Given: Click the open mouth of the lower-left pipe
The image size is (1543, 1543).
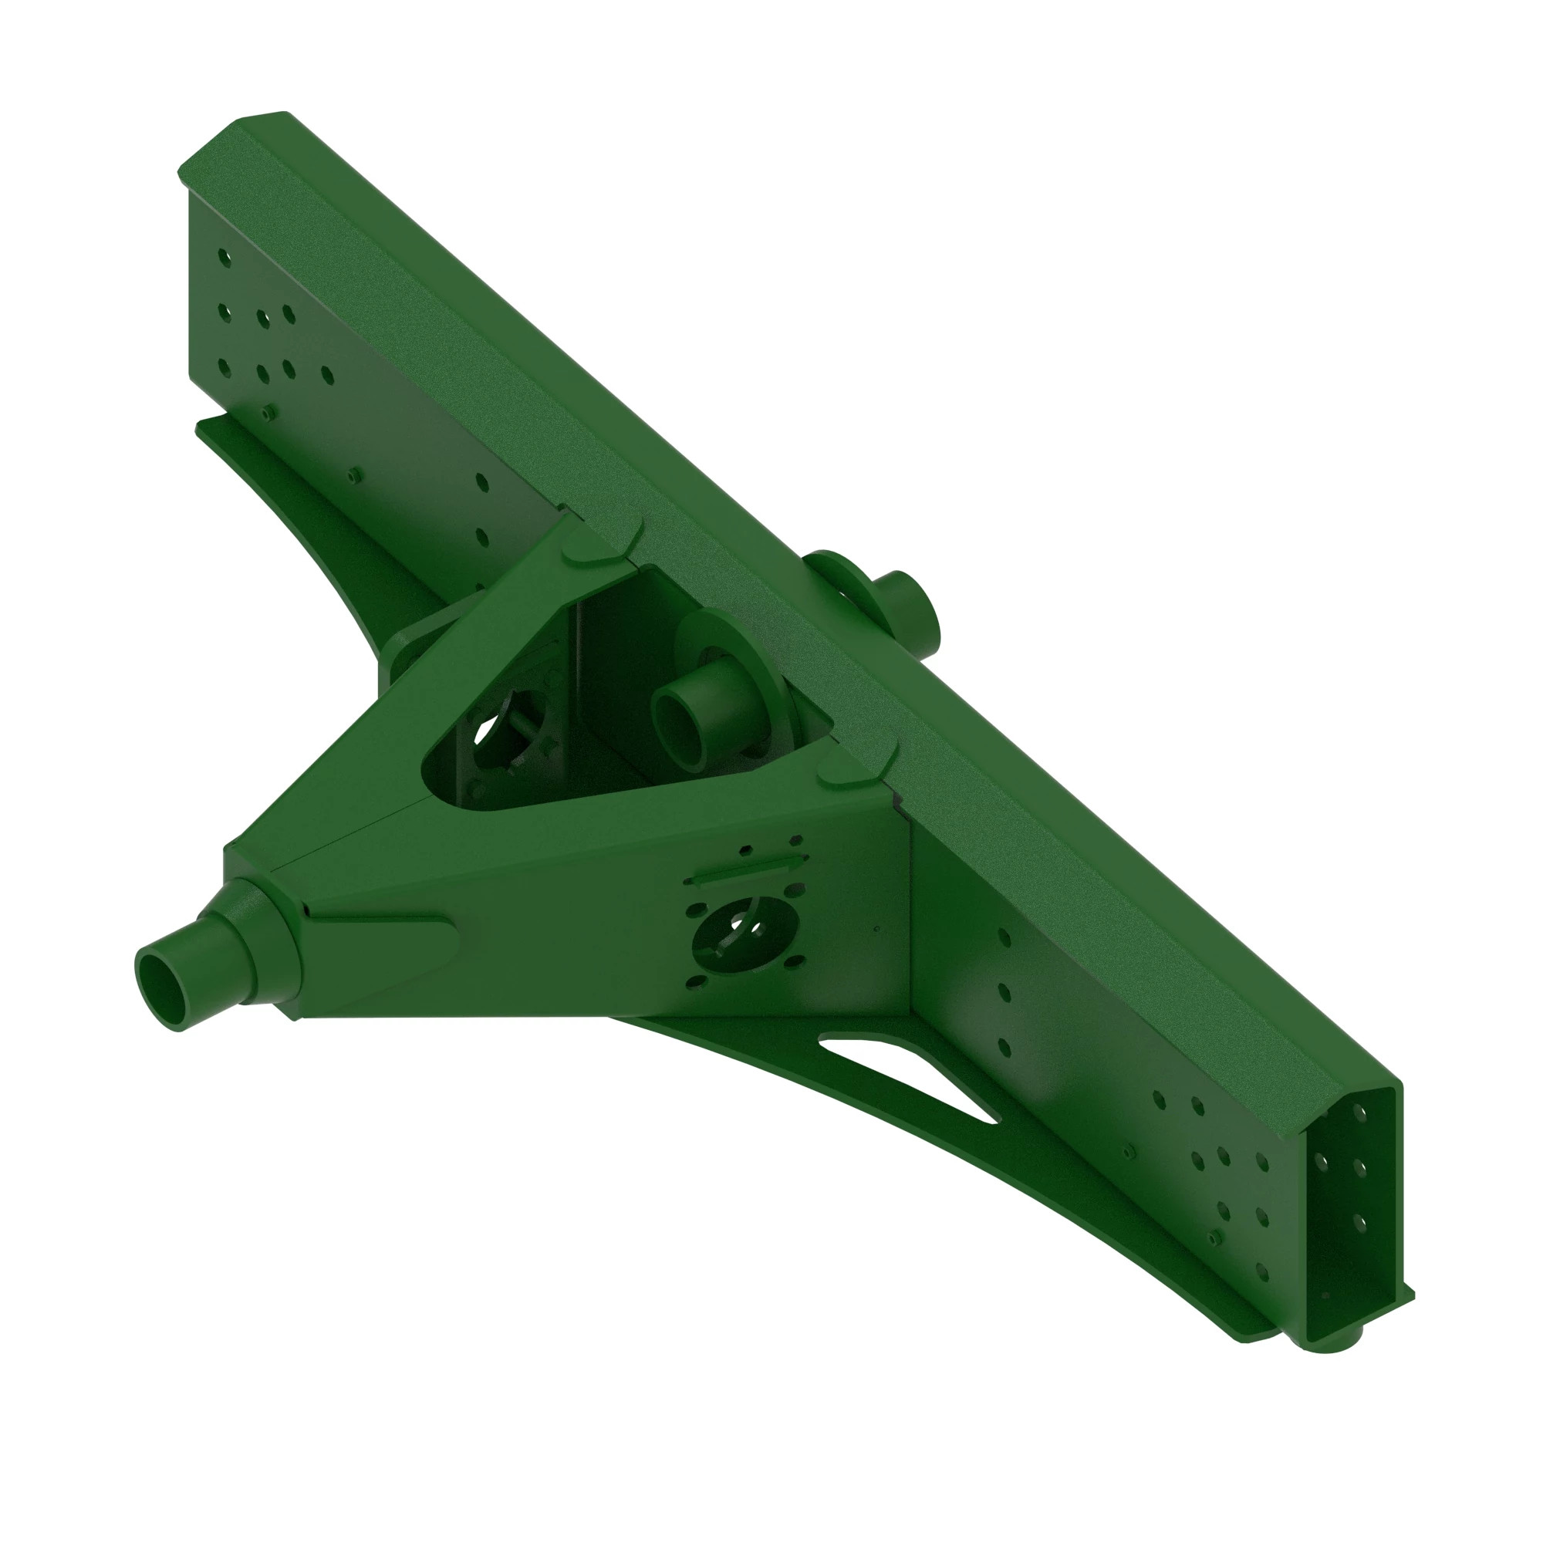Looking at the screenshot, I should coord(160,991).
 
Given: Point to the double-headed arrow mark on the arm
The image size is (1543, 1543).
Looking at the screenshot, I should coord(746,869).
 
